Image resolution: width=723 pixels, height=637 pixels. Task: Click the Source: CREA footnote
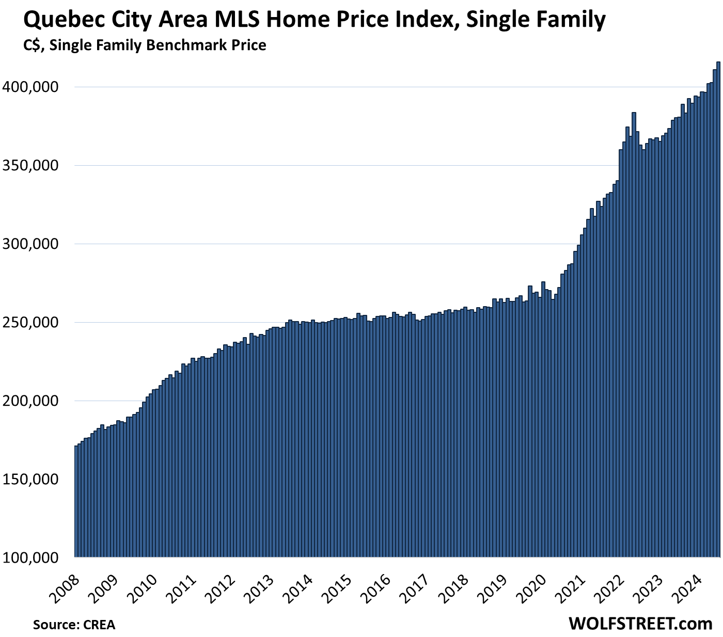pos(74,625)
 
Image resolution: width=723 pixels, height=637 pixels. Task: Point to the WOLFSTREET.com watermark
pos(640,624)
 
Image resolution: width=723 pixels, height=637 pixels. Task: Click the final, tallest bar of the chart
pos(718,310)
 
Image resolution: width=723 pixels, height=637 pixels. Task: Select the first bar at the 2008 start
pos(76,501)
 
